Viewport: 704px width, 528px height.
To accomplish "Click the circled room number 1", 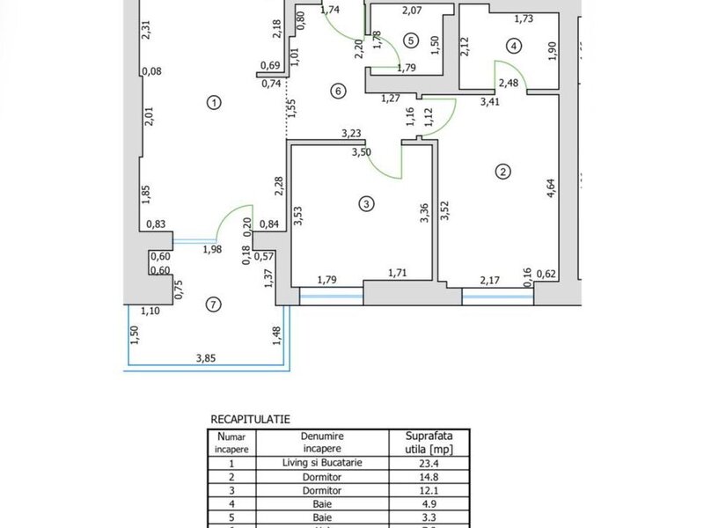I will pyautogui.click(x=212, y=103).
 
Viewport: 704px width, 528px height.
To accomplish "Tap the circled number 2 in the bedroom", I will pyautogui.click(x=502, y=172).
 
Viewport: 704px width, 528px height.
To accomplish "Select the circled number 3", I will pyautogui.click(x=367, y=205).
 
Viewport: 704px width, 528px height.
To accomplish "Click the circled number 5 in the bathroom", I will pyautogui.click(x=410, y=40).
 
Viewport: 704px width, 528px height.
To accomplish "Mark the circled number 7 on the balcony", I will pyautogui.click(x=211, y=304).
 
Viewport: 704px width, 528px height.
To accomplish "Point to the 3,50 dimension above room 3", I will pyautogui.click(x=361, y=152).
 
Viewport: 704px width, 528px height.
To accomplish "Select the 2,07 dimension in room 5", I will pyautogui.click(x=412, y=11).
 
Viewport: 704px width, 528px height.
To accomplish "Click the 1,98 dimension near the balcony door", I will pyautogui.click(x=212, y=250).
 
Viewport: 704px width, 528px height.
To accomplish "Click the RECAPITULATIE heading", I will pyautogui.click(x=251, y=421).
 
